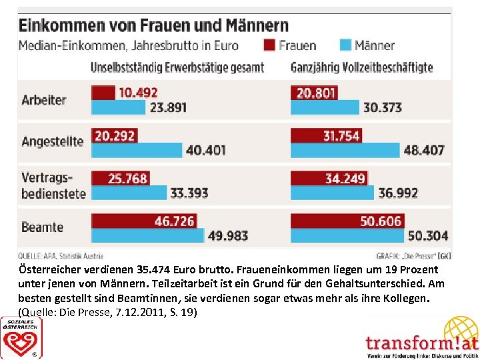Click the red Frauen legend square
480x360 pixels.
pos(269,45)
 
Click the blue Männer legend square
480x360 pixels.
pos(345,45)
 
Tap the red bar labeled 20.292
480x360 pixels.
pos(114,136)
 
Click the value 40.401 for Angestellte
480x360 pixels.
pos(205,150)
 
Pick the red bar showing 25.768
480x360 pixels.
pos(120,179)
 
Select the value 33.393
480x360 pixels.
pos(189,193)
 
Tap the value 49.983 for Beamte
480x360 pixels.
pos(228,235)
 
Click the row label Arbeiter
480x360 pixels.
pos(44,100)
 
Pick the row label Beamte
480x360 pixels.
pos(43,227)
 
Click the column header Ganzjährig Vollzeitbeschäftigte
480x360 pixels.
pos(362,67)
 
